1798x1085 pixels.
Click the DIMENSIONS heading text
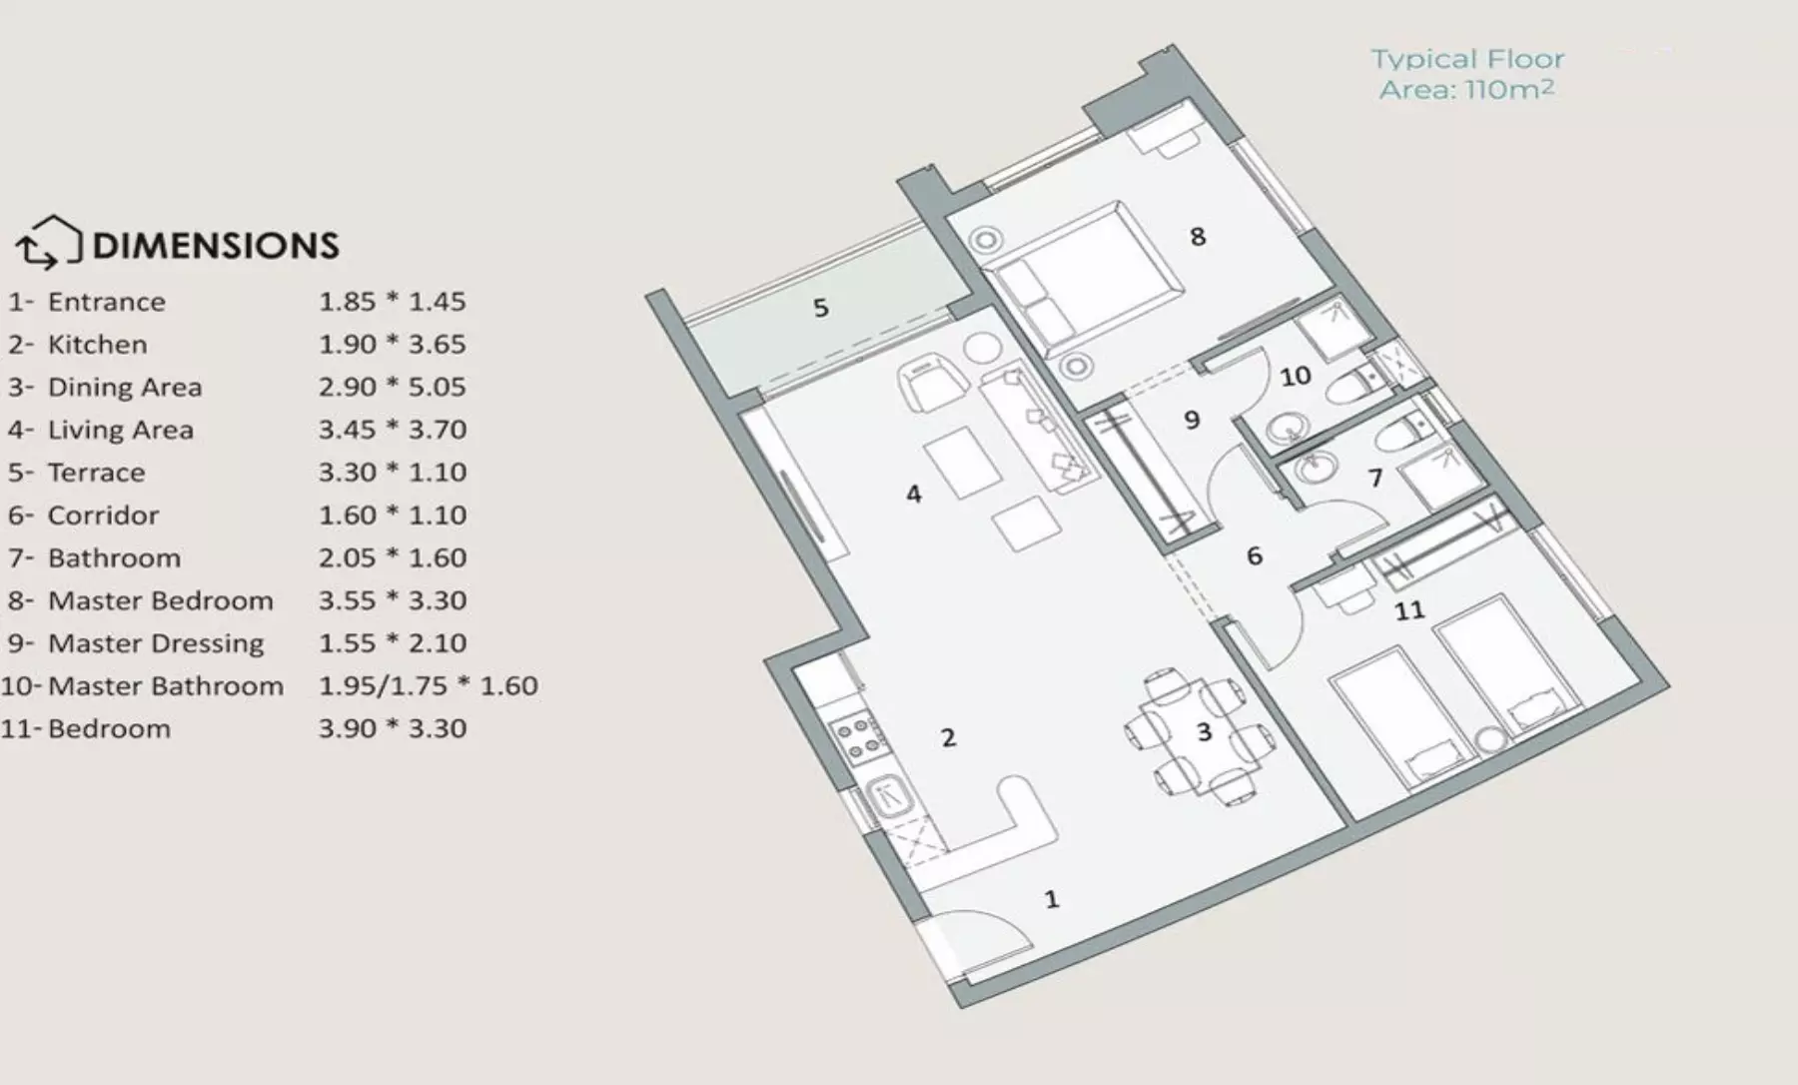click(216, 246)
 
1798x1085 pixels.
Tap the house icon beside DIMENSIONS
click(48, 243)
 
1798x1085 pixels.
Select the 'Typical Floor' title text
click(1467, 60)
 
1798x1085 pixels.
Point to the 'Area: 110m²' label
click(1466, 90)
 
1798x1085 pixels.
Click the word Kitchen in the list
click(97, 345)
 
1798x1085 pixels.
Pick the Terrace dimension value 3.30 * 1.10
click(393, 473)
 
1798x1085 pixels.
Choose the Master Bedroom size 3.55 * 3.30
click(393, 600)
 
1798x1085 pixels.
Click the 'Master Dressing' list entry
click(156, 643)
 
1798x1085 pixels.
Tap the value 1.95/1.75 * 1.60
click(428, 686)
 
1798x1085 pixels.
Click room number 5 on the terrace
click(821, 308)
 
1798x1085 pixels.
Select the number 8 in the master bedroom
click(1198, 237)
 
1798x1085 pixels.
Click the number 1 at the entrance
click(1052, 899)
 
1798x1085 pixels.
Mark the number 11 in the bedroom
click(1409, 609)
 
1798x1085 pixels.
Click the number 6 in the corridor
click(1255, 555)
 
